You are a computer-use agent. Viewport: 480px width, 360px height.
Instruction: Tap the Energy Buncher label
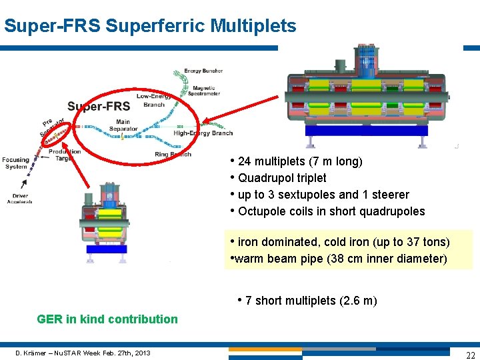coord(203,71)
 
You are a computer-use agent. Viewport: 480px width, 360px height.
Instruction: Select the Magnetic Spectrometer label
coord(208,91)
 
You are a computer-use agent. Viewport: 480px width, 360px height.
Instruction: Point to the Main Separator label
coord(123,125)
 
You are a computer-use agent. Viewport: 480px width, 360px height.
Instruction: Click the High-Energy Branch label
coord(203,133)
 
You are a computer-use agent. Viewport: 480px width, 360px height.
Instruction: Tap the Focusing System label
coord(15,163)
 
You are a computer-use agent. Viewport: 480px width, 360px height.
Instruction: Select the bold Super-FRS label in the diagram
coord(99,107)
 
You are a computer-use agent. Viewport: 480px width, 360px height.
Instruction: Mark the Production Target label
coord(65,155)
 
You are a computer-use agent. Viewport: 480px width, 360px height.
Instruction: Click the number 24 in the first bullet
coord(244,161)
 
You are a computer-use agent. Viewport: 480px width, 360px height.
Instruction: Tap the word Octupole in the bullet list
coord(261,211)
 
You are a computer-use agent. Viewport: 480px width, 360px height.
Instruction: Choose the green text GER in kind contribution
coord(107,319)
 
